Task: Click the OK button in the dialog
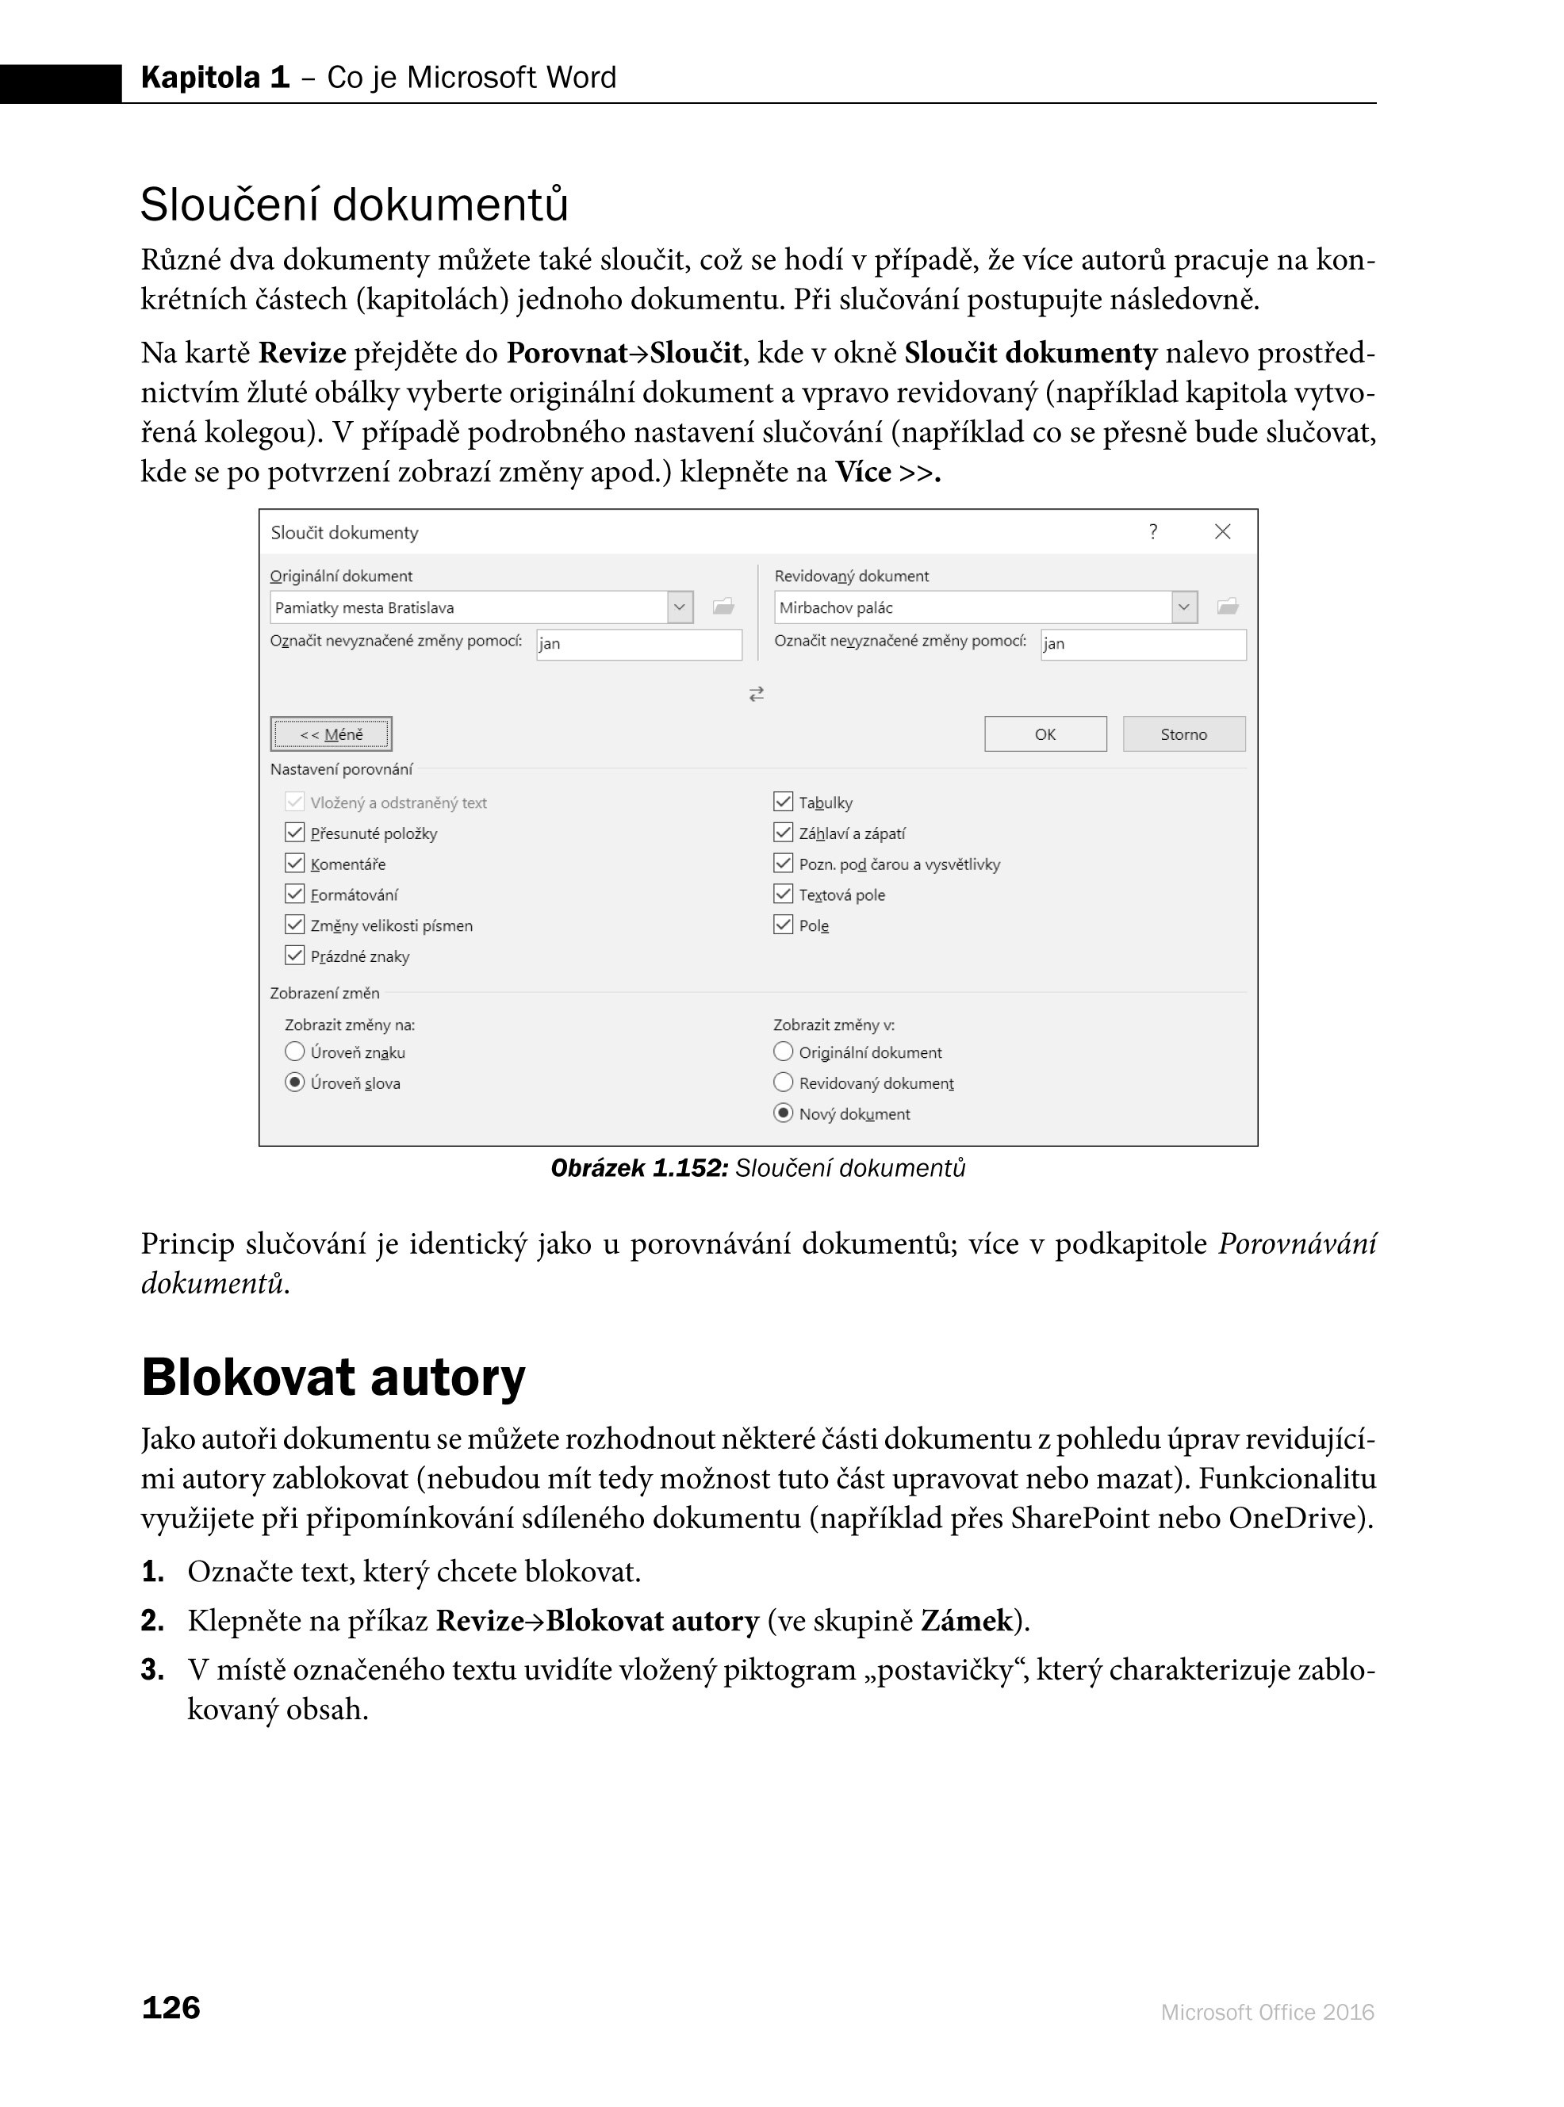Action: point(1045,734)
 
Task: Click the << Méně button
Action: point(331,734)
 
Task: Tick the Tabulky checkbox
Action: point(783,802)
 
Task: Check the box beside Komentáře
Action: point(294,864)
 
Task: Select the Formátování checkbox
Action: point(294,894)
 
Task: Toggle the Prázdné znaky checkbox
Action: point(294,955)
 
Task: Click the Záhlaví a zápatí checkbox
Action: point(783,832)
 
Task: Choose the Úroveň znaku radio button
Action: point(294,1052)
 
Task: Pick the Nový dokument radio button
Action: point(783,1113)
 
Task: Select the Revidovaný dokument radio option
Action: point(783,1082)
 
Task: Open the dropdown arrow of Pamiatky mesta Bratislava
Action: point(680,607)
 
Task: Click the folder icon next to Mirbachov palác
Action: point(1228,606)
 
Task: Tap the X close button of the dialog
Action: point(1222,532)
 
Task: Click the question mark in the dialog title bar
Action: point(1153,532)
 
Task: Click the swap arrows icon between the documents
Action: point(757,694)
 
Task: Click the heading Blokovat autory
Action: point(333,1377)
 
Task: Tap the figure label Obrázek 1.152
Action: point(639,1168)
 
